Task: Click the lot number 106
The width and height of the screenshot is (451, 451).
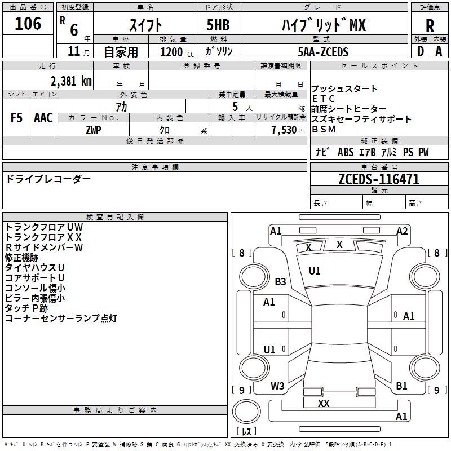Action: (28, 24)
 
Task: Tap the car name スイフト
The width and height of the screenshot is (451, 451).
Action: (145, 25)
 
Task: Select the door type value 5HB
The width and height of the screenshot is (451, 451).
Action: (218, 25)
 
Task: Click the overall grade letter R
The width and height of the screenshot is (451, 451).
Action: (430, 26)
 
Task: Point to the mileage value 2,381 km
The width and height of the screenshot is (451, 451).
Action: (71, 81)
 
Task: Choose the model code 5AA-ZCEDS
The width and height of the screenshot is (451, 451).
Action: (323, 52)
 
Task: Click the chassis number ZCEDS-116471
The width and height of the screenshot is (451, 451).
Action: (379, 179)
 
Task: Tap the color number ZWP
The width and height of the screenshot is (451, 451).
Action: (94, 130)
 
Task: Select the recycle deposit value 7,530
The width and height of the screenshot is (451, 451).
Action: (284, 130)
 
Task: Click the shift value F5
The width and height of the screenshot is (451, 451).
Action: (16, 118)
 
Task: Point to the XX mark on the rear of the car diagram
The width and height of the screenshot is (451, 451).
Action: (324, 403)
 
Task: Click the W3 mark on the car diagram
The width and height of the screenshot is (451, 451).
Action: (277, 386)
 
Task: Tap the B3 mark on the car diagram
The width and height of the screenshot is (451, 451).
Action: (280, 281)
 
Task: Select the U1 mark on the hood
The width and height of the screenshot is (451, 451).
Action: (315, 271)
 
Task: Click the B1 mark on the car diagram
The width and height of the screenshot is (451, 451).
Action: (401, 386)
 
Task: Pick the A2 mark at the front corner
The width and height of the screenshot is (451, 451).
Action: (402, 231)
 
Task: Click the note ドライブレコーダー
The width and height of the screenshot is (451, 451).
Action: (48, 179)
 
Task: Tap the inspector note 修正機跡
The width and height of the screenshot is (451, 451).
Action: (21, 258)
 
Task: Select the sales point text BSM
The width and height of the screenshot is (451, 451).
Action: (324, 130)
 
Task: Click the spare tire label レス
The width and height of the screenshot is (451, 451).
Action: (246, 431)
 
